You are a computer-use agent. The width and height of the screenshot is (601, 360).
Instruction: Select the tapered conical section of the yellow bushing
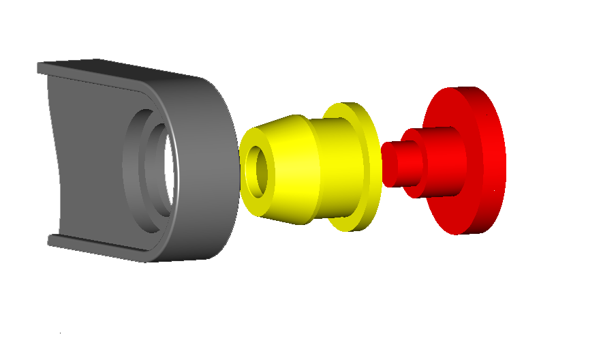click(x=293, y=170)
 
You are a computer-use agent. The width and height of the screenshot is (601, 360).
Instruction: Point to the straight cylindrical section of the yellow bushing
click(x=337, y=167)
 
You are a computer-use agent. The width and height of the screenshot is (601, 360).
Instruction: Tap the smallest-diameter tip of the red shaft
click(x=389, y=164)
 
